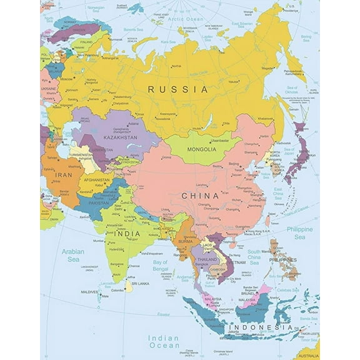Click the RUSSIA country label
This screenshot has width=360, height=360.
click(x=177, y=89)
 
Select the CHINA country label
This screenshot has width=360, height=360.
click(x=199, y=196)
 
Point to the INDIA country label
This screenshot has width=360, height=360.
click(x=127, y=233)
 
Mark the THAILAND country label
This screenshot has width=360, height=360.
click(x=206, y=259)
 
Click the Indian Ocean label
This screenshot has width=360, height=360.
click(x=164, y=342)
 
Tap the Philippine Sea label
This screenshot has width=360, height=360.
click(x=299, y=234)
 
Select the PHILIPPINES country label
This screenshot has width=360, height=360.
click(x=283, y=259)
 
